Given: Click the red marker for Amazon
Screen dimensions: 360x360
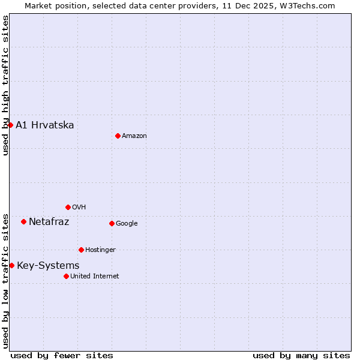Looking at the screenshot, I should point(118,136).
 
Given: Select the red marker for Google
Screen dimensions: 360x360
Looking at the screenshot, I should point(112,223).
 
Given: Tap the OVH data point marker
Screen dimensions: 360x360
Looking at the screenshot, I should point(68,207).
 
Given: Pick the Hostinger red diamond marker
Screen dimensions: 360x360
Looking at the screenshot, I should point(81,250).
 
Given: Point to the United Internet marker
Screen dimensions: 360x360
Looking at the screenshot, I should point(66,276).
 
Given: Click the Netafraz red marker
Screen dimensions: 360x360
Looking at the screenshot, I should point(23,221).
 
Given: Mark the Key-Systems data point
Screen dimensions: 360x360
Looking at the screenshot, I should point(11,265).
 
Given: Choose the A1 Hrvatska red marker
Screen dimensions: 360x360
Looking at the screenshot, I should point(10,125).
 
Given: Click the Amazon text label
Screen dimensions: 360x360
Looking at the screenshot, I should point(134,136).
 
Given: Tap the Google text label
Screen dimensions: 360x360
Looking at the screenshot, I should point(127,224).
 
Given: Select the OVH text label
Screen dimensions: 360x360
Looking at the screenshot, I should point(79,208).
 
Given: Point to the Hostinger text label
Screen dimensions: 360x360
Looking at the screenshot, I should point(100,250).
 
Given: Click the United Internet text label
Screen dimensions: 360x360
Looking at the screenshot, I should point(95,277).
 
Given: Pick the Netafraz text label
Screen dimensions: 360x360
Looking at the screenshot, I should point(49,222).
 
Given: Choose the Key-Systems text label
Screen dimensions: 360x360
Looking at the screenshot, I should point(48,266).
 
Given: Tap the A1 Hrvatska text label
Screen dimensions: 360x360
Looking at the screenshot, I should point(45,125).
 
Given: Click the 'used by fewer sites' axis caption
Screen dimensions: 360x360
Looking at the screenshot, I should point(62,355).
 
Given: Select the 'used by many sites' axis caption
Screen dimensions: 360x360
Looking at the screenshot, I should point(301,355).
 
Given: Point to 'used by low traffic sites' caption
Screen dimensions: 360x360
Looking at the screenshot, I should point(5,281).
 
